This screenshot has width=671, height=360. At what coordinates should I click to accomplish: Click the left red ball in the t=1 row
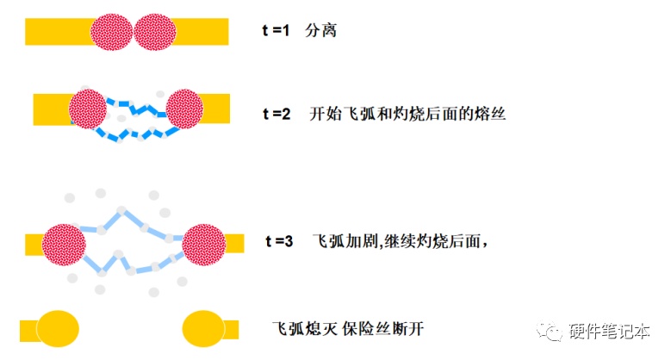[x=111, y=32]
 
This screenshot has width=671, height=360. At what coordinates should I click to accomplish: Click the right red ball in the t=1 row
[x=155, y=32]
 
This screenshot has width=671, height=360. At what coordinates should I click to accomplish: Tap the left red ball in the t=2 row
[x=88, y=109]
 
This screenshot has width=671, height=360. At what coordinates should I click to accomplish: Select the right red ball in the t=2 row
[x=184, y=109]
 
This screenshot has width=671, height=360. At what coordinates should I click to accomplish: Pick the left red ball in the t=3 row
[x=64, y=245]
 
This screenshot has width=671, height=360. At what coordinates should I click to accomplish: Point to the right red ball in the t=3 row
[x=204, y=245]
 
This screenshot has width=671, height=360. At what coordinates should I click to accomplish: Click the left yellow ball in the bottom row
[x=58, y=329]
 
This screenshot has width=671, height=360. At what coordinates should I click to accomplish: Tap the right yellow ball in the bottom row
[x=203, y=329]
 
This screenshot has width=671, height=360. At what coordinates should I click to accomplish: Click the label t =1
[x=276, y=30]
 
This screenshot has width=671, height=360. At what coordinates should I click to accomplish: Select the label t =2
[x=276, y=114]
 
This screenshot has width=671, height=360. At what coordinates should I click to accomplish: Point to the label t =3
[x=279, y=241]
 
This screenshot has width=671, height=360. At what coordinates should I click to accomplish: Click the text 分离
[x=321, y=30]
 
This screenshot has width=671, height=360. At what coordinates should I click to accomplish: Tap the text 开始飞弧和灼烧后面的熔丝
[x=407, y=114]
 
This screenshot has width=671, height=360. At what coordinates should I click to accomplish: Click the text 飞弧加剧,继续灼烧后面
[x=401, y=241]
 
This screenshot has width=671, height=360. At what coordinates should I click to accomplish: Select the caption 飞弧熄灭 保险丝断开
[x=348, y=329]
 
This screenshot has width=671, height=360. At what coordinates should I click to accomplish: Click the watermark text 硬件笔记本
[x=609, y=332]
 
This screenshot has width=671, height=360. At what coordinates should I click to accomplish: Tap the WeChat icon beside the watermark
[x=550, y=331]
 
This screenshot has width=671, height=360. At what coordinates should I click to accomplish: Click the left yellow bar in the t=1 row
[x=59, y=32]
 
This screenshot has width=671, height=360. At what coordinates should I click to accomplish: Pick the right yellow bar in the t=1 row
[x=202, y=32]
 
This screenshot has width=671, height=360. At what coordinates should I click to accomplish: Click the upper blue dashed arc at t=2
[x=136, y=108]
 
